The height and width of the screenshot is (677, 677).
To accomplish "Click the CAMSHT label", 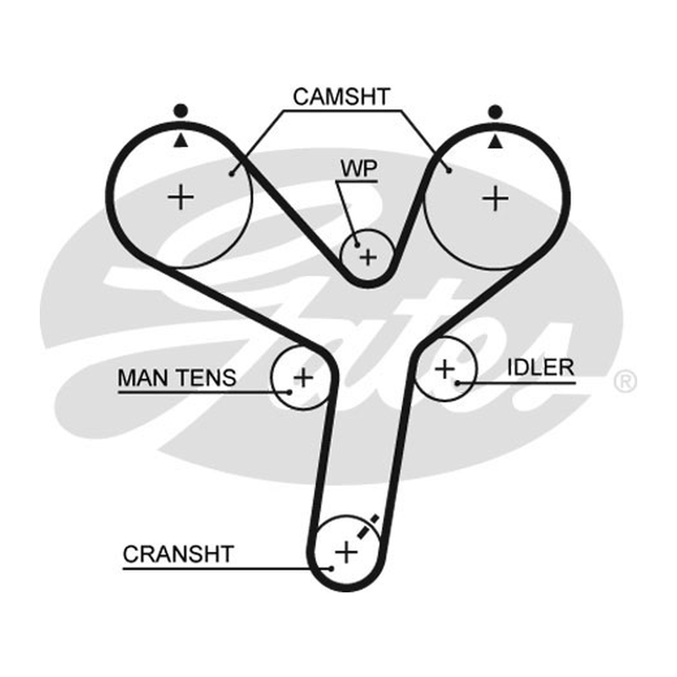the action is point(342,96).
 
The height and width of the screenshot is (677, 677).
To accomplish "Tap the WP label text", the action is point(359,168).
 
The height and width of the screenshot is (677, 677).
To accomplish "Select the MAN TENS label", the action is point(177,377).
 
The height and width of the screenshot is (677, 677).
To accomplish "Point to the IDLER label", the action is point(541,367).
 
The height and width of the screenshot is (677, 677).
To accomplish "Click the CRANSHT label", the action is point(179,554).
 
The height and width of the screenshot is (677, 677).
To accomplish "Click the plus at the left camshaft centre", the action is point(181,198).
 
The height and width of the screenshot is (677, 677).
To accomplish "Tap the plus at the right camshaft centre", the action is point(495,199).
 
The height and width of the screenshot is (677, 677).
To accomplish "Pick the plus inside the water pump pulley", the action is point(368,258).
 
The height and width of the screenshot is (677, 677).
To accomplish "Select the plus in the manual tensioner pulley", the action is point(303,378).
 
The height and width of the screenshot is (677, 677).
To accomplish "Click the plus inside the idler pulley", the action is point(445,370).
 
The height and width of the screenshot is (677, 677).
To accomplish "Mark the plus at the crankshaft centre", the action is point(346,553).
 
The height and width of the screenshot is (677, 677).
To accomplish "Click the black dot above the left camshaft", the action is point(181,111).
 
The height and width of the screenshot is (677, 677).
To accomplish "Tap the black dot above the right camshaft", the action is point(495,112).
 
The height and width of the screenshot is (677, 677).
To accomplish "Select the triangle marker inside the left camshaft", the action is point(181,140).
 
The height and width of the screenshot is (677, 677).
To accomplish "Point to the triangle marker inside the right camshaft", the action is point(495,141).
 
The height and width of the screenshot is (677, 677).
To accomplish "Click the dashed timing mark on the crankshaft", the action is point(368,526).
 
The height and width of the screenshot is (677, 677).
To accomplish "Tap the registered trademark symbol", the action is point(625,382).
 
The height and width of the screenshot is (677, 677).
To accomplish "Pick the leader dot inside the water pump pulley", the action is point(357,245).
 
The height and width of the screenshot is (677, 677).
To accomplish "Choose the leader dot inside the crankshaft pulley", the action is point(331,569).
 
